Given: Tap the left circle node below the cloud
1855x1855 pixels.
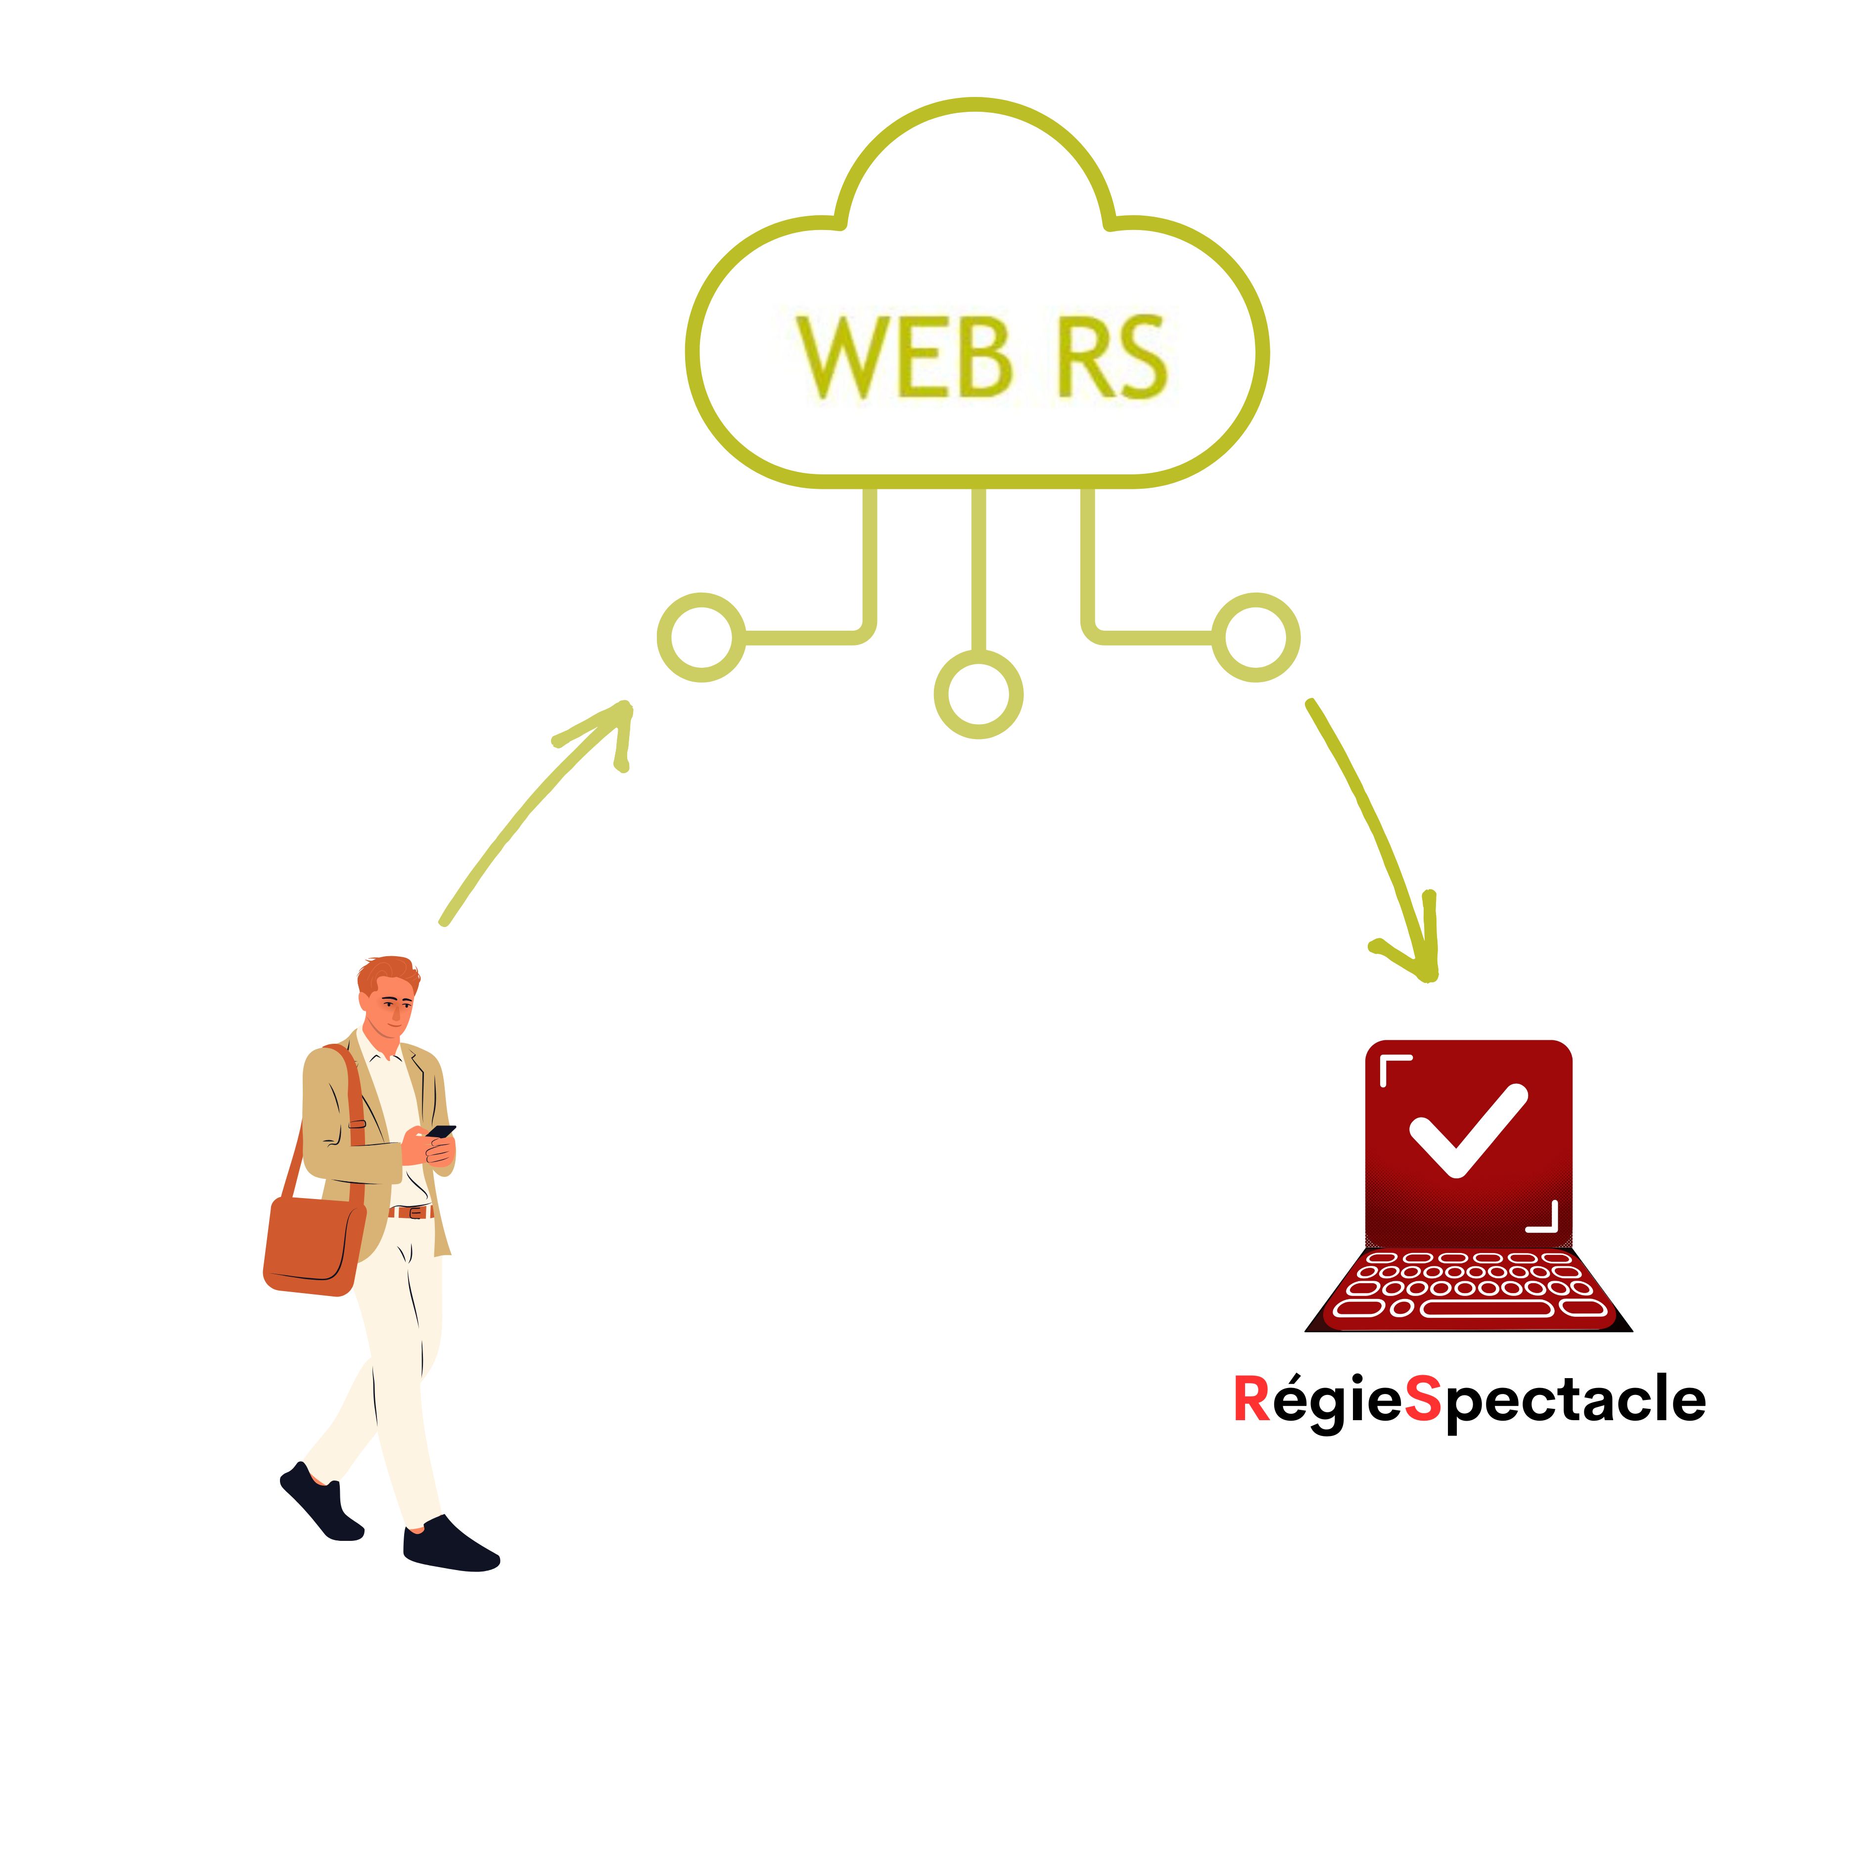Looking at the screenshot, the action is pos(702,638).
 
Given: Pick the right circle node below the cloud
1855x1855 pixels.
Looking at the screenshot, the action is pos(1256,638).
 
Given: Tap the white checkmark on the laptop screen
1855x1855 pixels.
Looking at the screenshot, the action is pos(1468,1130).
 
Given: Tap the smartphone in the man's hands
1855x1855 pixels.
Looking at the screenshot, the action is pos(441,1132).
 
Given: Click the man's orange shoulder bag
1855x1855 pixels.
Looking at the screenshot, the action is pos(314,1245).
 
